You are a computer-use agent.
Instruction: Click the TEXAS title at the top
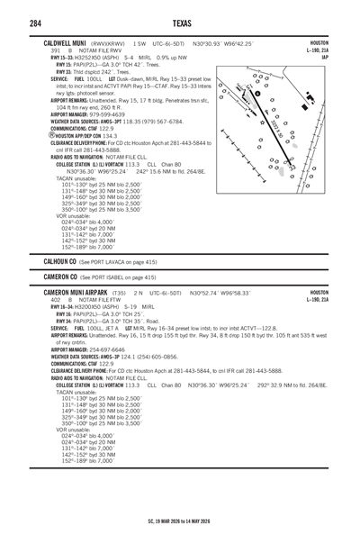pyautogui.click(x=179, y=23)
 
